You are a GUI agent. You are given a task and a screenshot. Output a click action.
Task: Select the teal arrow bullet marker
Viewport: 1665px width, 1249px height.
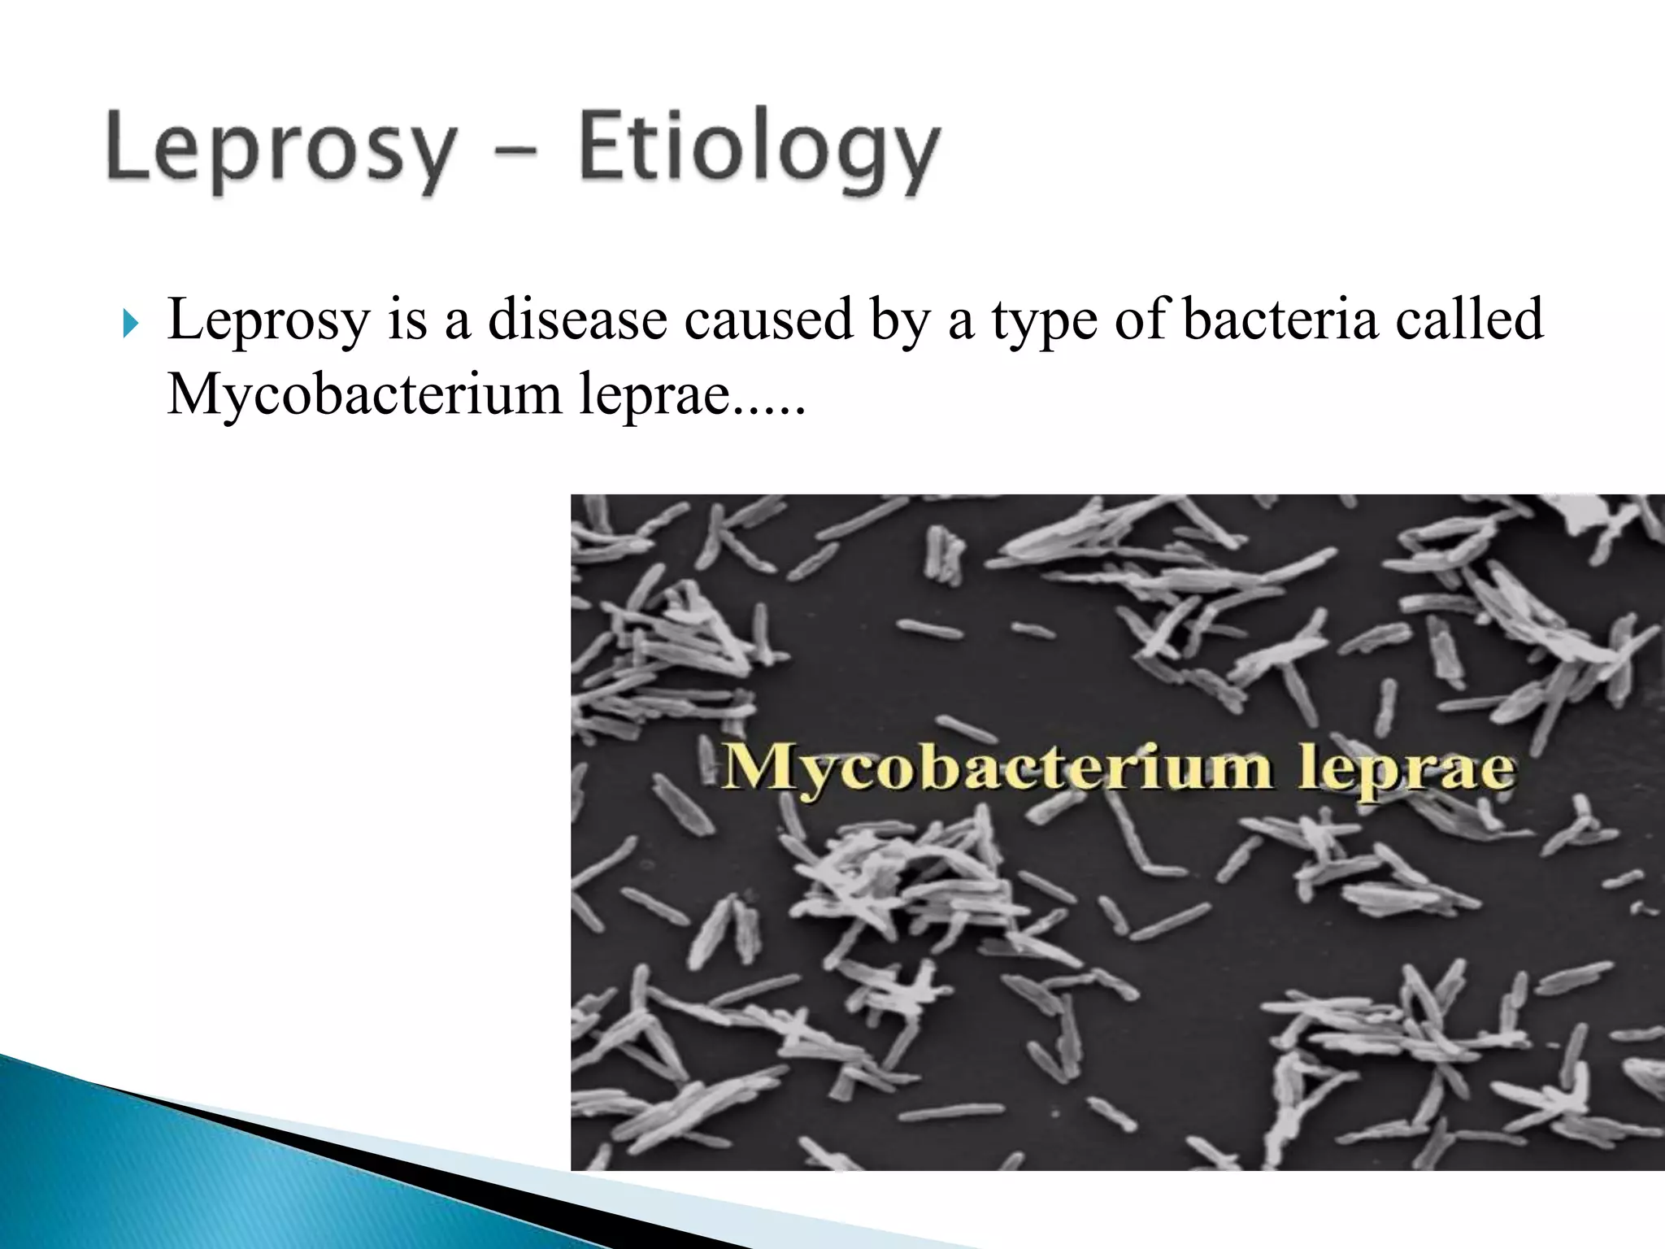[x=130, y=324]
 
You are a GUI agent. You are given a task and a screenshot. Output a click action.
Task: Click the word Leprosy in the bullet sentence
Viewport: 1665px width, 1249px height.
[x=268, y=320]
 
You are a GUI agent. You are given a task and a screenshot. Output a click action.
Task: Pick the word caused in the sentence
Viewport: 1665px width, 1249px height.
[x=767, y=319]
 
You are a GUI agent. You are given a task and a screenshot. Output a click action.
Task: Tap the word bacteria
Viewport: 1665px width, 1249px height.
[x=1280, y=319]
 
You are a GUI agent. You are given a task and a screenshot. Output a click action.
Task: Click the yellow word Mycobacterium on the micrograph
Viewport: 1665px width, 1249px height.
[x=996, y=768]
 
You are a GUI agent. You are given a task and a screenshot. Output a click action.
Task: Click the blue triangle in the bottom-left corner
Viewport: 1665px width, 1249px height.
[x=203, y=1179]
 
